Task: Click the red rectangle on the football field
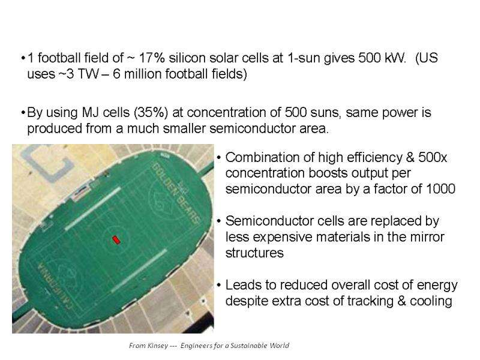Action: click(x=116, y=239)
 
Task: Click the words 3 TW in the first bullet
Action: click(x=82, y=74)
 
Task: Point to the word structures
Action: click(x=254, y=253)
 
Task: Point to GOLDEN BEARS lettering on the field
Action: click(x=176, y=193)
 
